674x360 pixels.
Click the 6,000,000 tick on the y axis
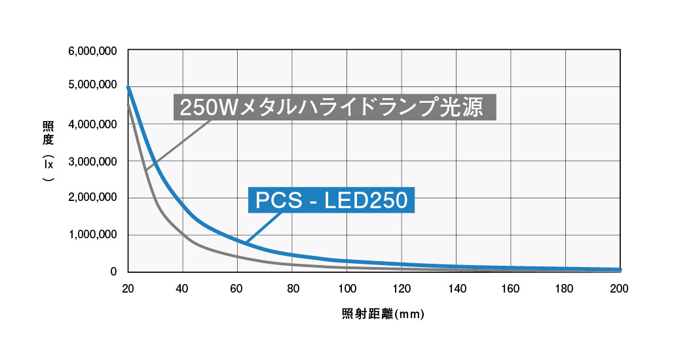(93, 50)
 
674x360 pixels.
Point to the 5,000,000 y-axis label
(93, 86)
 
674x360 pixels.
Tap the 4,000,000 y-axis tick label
(93, 124)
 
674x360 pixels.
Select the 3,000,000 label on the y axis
(93, 161)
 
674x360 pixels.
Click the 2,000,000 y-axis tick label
(93, 198)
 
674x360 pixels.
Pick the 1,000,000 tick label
(93, 235)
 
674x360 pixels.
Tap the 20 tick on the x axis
(128, 288)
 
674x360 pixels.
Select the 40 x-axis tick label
(183, 288)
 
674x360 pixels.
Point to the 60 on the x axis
(238, 288)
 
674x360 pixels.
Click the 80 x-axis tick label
(293, 288)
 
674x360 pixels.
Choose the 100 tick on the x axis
(347, 288)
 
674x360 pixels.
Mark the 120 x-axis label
(402, 288)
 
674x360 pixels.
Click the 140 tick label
(457, 288)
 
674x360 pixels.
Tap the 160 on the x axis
(511, 288)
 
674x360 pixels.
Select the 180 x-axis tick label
(566, 288)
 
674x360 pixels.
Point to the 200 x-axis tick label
(620, 288)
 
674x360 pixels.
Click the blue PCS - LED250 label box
(331, 200)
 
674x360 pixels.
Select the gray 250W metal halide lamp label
(335, 107)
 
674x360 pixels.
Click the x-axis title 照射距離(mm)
(383, 314)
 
